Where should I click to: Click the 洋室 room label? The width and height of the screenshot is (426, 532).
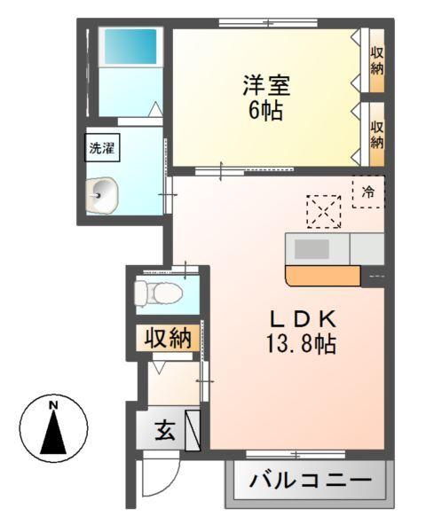[x=266, y=88]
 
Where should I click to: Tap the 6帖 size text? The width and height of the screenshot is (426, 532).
[x=266, y=113]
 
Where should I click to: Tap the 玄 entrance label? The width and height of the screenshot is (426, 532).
[x=165, y=432]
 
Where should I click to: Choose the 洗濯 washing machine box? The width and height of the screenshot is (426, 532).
[x=100, y=148]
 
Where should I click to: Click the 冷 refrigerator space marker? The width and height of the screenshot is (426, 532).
[x=368, y=191]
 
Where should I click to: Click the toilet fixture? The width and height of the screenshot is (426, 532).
[x=158, y=292]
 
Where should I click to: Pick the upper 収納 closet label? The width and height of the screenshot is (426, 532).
[x=377, y=60]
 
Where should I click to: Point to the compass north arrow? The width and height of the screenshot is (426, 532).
[x=55, y=432]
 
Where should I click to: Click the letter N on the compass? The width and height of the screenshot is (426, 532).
[x=54, y=406]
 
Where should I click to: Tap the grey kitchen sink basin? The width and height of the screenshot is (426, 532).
[x=312, y=248]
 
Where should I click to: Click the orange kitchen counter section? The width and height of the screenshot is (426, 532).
[x=322, y=277]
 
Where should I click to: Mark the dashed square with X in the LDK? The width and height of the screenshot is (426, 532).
[x=323, y=211]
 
